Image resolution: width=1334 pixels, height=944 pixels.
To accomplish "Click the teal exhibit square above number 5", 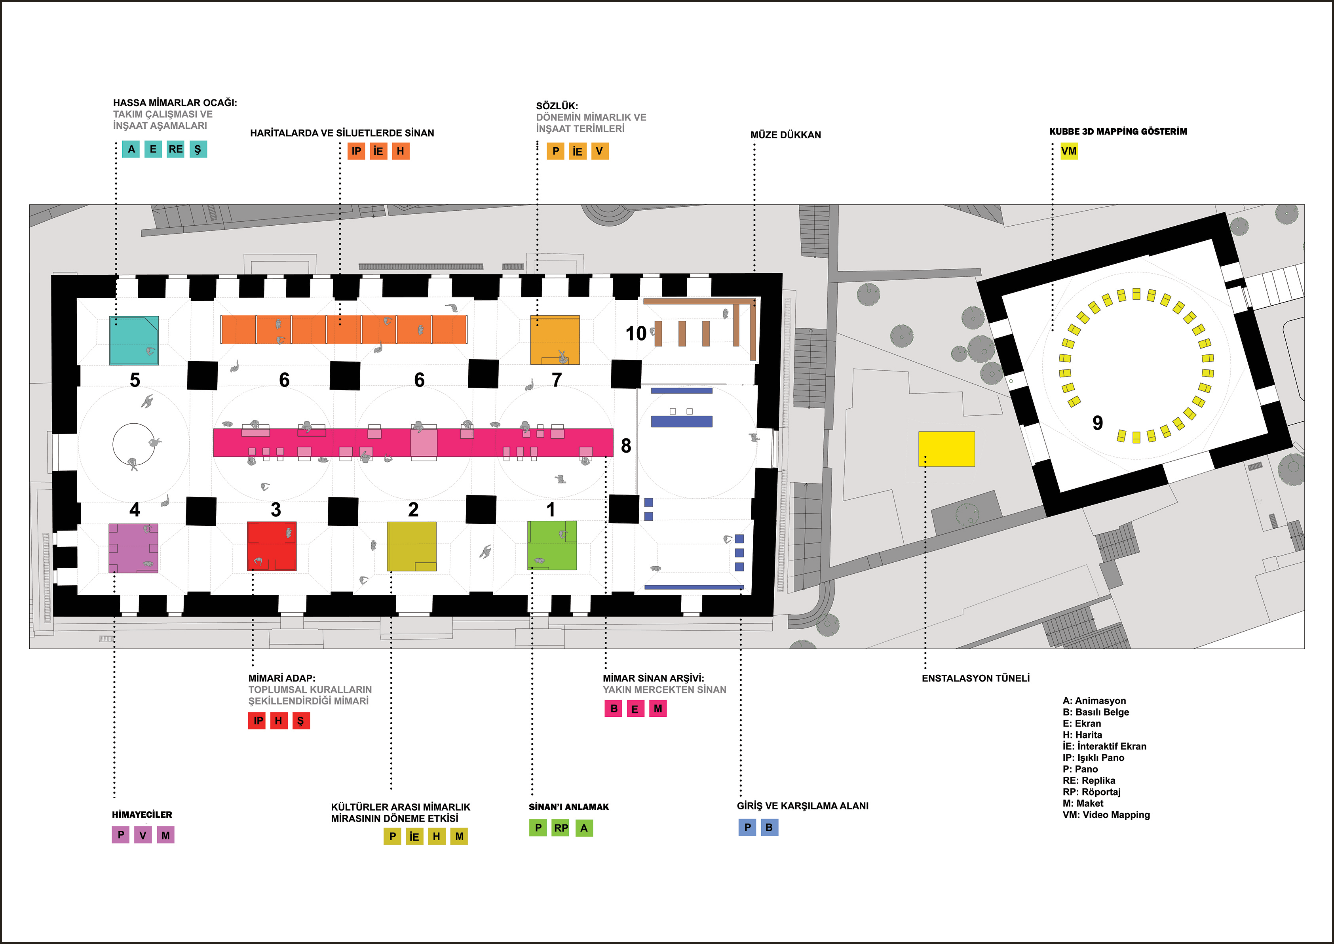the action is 134,340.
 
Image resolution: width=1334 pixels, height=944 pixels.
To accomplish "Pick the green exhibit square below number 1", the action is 552,545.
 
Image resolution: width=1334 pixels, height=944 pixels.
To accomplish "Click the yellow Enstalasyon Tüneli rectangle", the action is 946,449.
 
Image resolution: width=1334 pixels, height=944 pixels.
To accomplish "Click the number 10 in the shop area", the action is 636,334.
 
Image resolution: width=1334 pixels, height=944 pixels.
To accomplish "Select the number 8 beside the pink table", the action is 626,446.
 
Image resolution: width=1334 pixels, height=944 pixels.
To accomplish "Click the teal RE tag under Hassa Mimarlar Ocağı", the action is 175,149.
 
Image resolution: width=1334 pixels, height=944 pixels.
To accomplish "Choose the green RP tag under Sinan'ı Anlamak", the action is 561,828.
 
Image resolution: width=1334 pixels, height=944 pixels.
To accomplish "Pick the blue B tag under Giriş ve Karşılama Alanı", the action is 769,827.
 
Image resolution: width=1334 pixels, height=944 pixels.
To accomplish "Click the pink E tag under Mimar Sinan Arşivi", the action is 635,708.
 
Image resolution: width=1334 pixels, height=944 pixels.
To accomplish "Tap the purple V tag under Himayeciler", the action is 143,835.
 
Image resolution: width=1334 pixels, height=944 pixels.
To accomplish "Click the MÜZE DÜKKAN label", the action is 785,135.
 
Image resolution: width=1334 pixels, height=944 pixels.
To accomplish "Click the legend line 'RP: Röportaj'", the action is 1091,792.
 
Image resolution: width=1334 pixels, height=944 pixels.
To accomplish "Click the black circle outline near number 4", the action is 134,445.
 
